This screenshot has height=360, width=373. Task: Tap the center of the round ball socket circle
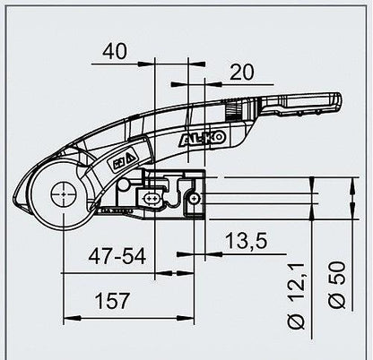(62, 193)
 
